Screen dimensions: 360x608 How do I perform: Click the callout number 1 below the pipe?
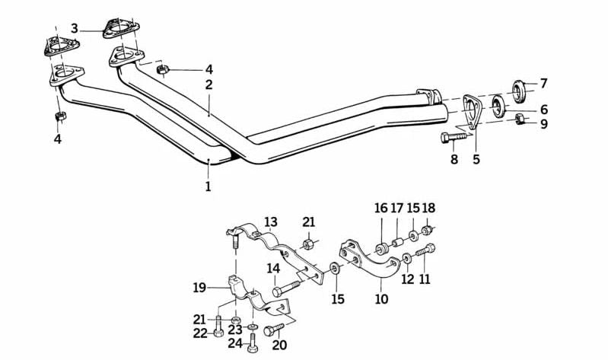coord(208,185)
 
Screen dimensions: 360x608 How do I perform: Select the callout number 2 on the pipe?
coord(209,85)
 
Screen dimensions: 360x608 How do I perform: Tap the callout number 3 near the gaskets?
coord(75,29)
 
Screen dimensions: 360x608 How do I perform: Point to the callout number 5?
coord(476,160)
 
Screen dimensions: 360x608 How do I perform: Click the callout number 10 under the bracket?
coord(381,299)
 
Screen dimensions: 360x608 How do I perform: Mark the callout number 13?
coord(271,222)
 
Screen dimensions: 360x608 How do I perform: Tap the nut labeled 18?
coord(428,230)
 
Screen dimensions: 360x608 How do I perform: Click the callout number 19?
coord(200,288)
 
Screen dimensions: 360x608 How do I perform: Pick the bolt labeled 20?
coord(272,330)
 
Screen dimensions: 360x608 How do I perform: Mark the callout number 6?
coord(543,110)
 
